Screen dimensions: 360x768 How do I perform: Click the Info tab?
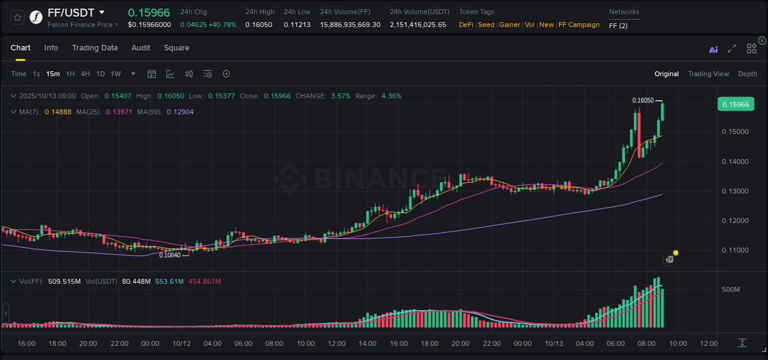[51, 48]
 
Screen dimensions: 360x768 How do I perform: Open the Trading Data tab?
[95, 48]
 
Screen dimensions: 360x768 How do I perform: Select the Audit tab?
[141, 48]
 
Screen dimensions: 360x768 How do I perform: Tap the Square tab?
[176, 48]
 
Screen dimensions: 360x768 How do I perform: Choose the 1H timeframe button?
[70, 74]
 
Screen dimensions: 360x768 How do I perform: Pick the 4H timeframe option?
[85, 74]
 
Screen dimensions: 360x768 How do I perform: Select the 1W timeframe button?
[116, 74]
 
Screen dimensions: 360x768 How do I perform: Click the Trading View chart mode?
[708, 74]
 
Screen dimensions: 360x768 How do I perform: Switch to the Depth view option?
[747, 74]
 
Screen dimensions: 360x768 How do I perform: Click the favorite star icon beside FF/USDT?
[17, 17]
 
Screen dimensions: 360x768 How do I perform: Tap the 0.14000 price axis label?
[734, 162]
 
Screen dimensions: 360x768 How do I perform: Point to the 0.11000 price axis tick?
[734, 250]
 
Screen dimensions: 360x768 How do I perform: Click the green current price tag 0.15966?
[735, 104]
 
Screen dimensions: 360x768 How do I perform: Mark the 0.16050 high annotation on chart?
[643, 100]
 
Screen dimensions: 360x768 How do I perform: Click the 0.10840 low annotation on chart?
[170, 255]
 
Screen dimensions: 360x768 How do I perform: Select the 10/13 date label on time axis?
[554, 343]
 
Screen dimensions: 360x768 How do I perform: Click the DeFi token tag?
[466, 25]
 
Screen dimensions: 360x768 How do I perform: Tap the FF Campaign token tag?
[579, 25]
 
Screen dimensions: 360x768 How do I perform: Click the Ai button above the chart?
[713, 50]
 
